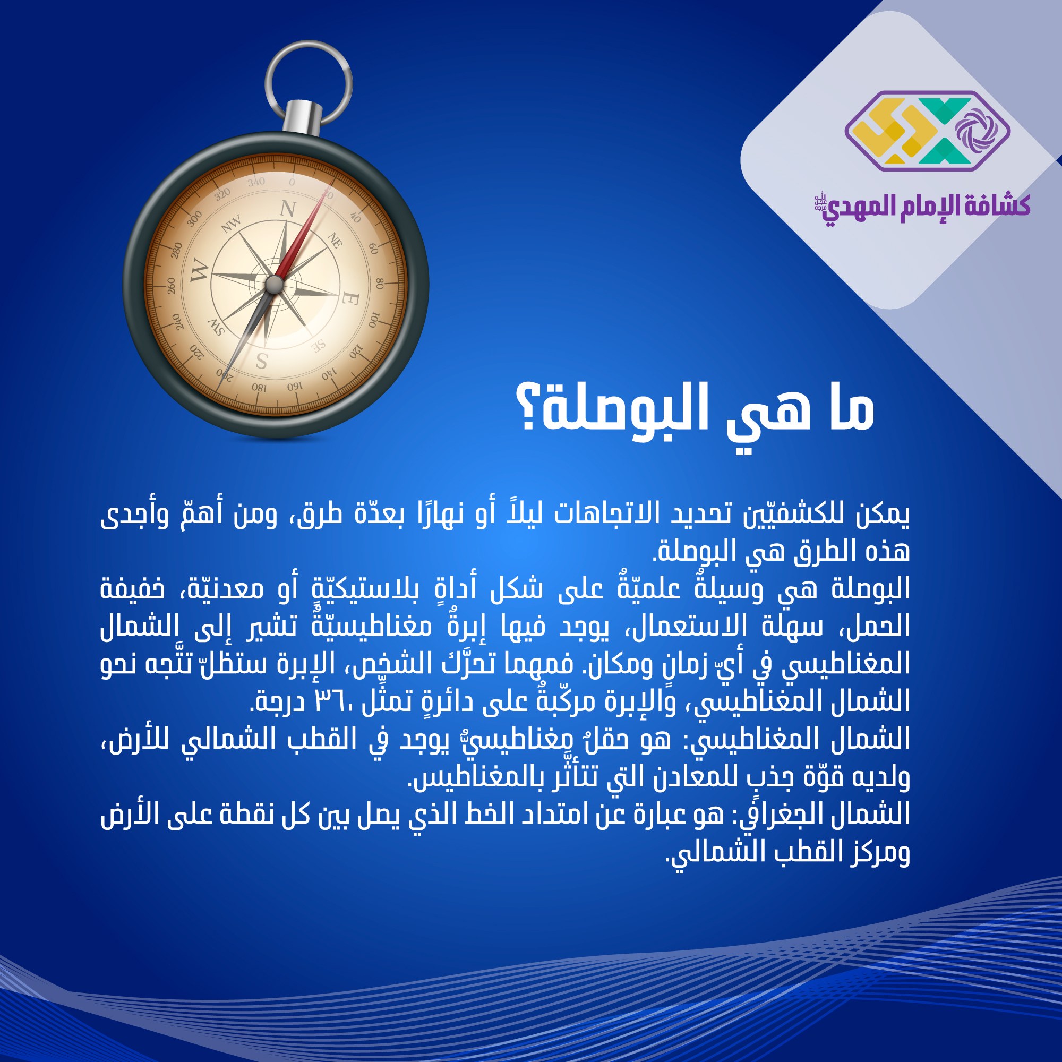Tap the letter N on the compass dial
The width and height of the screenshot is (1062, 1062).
288,209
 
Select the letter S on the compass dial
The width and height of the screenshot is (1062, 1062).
262,361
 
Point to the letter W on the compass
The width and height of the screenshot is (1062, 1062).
200,271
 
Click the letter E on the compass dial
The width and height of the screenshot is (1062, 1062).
350,298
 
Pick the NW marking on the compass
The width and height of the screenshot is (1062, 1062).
232,224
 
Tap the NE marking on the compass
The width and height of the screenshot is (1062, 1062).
335,240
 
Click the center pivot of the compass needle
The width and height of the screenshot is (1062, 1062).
274,285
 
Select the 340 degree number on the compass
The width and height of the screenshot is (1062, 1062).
256,182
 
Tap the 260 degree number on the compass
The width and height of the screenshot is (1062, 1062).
171,286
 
